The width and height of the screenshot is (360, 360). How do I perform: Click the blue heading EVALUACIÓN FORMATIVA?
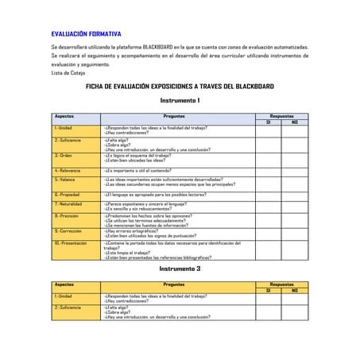click(86, 34)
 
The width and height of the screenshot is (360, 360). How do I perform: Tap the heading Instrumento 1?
click(180, 100)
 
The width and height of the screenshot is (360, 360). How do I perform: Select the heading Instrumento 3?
click(180, 269)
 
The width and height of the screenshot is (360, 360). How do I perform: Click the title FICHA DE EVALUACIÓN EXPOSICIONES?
click(180, 86)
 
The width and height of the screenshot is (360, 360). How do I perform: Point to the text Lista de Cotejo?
click(68, 72)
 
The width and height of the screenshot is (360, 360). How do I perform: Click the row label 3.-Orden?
click(64, 156)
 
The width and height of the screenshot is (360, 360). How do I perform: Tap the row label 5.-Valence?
click(65, 180)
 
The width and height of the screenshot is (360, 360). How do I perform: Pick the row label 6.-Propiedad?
click(68, 194)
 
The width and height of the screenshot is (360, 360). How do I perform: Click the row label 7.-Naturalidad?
click(69, 203)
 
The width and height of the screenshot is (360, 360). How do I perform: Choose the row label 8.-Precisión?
click(67, 215)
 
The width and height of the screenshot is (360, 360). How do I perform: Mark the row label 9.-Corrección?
click(68, 230)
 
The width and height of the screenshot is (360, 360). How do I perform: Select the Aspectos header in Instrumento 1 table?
click(64, 115)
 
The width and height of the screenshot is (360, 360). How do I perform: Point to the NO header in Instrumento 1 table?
click(295, 122)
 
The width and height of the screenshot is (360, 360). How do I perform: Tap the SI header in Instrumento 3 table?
click(268, 289)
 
